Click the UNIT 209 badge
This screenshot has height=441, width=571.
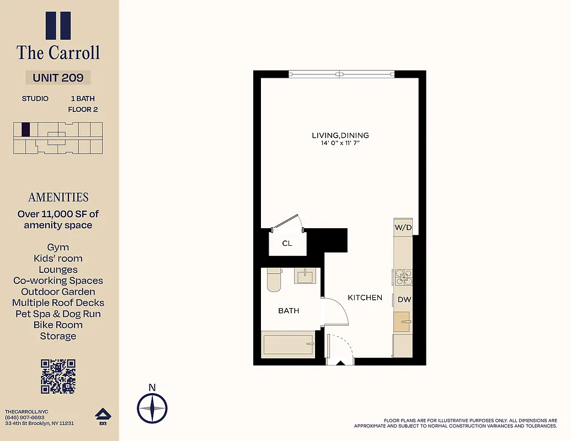(x=58, y=78)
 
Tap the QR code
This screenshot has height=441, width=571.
(x=58, y=376)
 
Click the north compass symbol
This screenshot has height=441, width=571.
(x=152, y=408)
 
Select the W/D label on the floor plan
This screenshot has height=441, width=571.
(x=403, y=227)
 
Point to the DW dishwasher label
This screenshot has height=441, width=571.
(x=404, y=299)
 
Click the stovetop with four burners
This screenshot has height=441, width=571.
(x=402, y=277)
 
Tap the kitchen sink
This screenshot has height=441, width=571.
(x=402, y=321)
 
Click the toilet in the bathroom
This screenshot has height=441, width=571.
(x=274, y=279)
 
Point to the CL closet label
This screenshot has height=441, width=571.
(x=287, y=243)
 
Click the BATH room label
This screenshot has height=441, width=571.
(x=289, y=311)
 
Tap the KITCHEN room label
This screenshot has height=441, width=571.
(x=365, y=298)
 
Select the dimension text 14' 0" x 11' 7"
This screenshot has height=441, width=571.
(x=340, y=143)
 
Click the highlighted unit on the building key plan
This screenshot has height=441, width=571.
(x=25, y=129)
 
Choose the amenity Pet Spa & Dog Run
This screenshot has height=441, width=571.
(x=58, y=314)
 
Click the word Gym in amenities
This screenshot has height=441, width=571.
(x=58, y=248)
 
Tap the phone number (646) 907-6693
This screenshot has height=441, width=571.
(x=25, y=417)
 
